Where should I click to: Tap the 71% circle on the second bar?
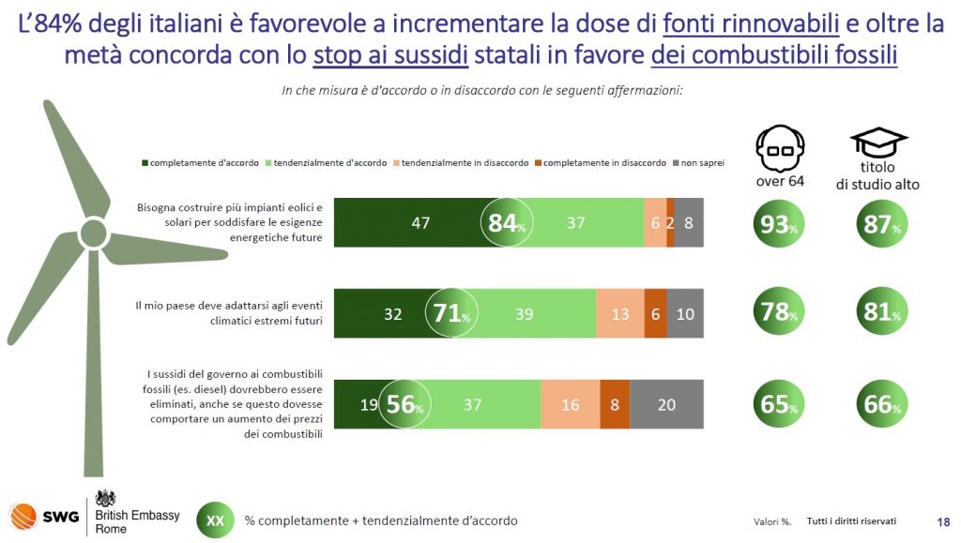451,313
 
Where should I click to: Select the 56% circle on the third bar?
404,404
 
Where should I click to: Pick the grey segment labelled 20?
666,405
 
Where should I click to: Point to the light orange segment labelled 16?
570,405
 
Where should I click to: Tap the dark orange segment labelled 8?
615,405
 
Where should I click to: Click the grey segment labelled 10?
685,314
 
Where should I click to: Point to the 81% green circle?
880,313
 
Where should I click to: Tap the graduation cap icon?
877,143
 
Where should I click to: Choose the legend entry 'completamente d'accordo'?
201,162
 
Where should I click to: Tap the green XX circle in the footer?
215,520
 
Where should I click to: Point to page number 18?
943,521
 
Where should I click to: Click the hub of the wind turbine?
92,231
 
